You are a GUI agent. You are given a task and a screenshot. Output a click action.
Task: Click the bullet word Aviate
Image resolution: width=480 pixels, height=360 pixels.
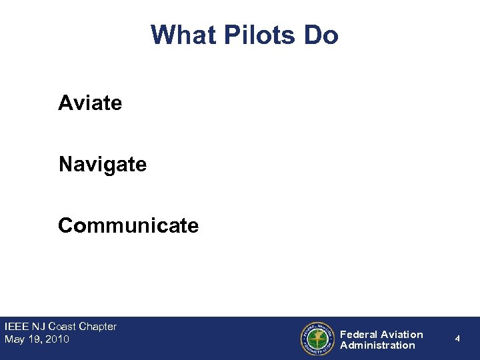coord(90,103)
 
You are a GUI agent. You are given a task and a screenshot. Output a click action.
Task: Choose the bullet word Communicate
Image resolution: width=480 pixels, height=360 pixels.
coord(128,226)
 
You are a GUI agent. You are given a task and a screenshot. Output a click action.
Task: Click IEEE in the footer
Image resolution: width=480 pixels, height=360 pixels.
coord(16,327)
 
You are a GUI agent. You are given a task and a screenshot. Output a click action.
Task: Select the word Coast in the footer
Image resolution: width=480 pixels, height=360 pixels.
coord(63,327)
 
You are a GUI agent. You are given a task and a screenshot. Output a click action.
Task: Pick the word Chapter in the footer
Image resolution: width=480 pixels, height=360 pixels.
coord(97,327)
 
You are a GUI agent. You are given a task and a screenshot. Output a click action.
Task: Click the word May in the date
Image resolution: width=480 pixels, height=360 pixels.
coord(14,339)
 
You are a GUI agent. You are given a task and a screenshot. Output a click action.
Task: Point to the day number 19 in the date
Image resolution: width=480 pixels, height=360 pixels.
coord(33,339)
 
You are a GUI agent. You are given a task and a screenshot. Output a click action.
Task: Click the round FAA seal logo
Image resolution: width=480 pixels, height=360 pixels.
coord(316,339)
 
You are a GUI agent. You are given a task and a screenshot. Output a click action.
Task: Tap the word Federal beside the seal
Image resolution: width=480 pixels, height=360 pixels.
coord(360,334)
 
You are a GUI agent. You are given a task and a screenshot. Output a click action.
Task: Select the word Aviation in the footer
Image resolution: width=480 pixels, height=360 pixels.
coord(403,334)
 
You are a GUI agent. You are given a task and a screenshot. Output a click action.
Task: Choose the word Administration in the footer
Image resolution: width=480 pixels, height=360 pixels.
coord(377,345)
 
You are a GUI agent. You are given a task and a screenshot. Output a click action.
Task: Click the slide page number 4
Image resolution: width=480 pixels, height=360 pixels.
coord(457,339)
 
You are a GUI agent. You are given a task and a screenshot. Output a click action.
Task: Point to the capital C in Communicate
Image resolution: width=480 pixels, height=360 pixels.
coord(65,226)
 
